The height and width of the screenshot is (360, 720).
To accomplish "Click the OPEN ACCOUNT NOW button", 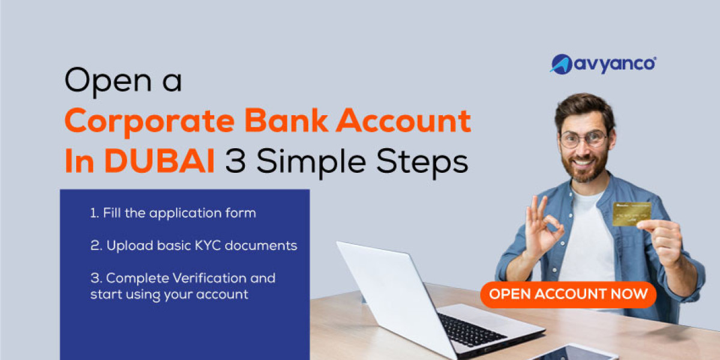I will (x=568, y=295).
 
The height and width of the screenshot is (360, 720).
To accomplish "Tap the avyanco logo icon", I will (x=562, y=64).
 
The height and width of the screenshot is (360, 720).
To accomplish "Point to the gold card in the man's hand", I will (x=632, y=214).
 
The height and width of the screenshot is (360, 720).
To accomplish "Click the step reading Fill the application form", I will (x=173, y=214).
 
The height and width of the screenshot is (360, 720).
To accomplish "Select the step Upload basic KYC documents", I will (x=193, y=246).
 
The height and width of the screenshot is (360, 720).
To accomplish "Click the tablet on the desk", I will (x=573, y=353).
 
